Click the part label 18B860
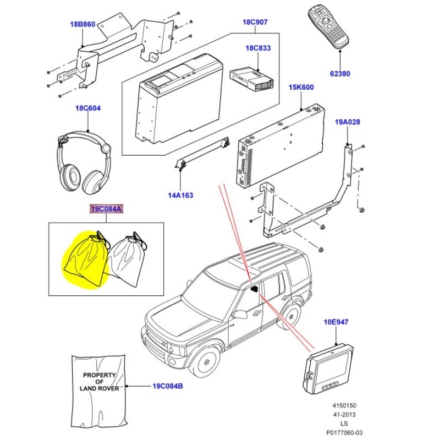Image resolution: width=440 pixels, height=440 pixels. [82, 25]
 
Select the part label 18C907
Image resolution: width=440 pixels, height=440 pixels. [255, 23]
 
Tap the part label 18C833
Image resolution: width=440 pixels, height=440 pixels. [258, 48]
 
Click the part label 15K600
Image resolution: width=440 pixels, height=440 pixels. [301, 87]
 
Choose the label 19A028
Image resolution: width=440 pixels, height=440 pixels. [347, 122]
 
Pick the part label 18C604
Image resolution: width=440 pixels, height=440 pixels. [88, 108]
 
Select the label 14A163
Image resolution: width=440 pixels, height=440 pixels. [181, 195]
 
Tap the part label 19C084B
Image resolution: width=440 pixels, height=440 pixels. [168, 387]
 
